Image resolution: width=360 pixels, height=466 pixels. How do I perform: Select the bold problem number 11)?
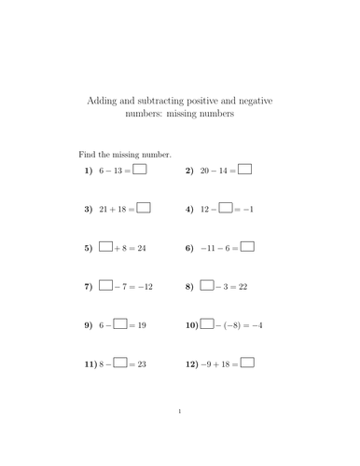pyautogui.click(x=90, y=364)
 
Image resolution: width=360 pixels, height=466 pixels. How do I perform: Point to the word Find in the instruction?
pyautogui.click(x=86, y=152)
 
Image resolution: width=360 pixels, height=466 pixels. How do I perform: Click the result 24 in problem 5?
pyautogui.click(x=141, y=249)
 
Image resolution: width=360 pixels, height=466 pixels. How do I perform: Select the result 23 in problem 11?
pyautogui.click(x=142, y=364)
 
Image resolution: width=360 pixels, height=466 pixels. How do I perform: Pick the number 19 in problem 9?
pyautogui.click(x=142, y=326)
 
